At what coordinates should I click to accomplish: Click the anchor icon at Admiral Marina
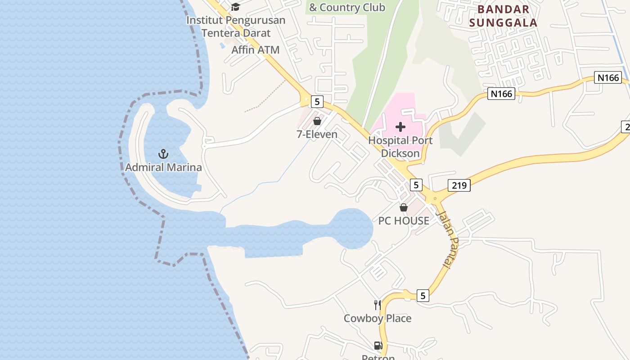click(x=163, y=154)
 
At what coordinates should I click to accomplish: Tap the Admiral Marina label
click(x=163, y=167)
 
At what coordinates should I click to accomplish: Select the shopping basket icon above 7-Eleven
click(x=317, y=121)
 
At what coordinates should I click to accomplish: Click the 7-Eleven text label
click(x=317, y=134)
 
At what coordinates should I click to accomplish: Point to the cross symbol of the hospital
click(x=400, y=127)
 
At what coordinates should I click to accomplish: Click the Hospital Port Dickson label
click(x=400, y=147)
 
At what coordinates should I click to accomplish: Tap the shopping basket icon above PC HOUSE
click(x=404, y=207)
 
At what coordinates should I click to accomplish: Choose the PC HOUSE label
click(x=404, y=220)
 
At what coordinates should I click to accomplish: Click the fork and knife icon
click(x=378, y=305)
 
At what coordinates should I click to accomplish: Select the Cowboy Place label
click(x=378, y=318)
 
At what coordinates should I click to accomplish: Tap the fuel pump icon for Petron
click(x=378, y=346)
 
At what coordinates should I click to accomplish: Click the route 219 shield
click(x=459, y=185)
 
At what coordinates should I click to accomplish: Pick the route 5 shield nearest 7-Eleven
click(x=317, y=102)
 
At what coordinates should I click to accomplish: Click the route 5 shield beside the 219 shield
click(x=416, y=184)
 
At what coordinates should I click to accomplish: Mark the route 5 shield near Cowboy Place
click(x=423, y=296)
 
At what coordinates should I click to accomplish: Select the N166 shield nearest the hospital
click(x=501, y=94)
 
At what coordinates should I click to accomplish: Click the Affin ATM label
click(x=255, y=50)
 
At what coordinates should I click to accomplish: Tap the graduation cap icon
click(x=235, y=7)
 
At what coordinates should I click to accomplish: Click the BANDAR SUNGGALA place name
click(x=503, y=16)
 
